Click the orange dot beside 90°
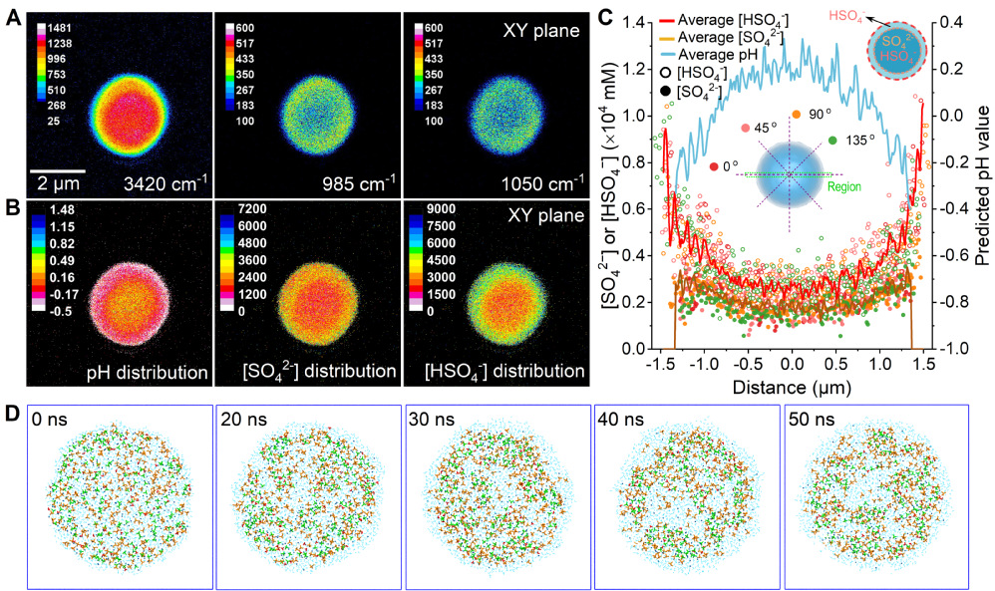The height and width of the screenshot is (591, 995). [796, 116]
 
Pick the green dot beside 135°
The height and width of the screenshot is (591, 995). [833, 141]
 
